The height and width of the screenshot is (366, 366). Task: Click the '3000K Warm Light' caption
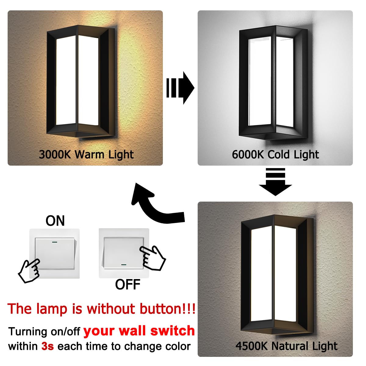click(86, 154)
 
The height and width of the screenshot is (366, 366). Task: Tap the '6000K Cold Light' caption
click(275, 154)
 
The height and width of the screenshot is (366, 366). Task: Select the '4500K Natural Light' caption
click(286, 346)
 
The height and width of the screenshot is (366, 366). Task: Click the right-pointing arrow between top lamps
click(180, 88)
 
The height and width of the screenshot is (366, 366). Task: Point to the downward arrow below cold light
click(275, 181)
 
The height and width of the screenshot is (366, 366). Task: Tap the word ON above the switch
click(55, 221)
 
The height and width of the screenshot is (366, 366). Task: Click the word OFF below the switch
click(127, 285)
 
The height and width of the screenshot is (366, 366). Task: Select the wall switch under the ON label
click(55, 253)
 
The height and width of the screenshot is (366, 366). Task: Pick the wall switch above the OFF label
click(124, 253)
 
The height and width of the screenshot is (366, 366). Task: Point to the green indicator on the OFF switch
click(124, 265)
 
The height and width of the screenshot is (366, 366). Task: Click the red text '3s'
click(48, 346)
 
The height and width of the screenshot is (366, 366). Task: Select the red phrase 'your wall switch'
click(139, 331)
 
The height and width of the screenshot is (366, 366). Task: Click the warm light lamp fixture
click(81, 82)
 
